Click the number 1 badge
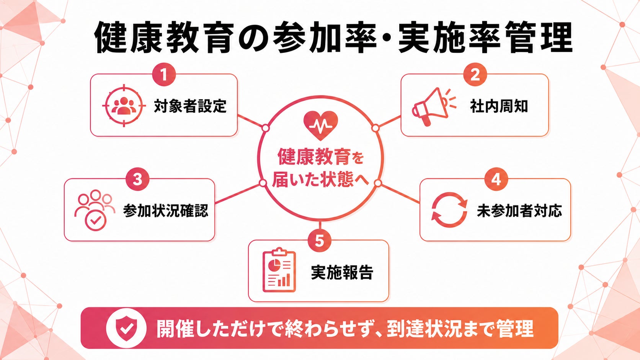click(x=164, y=75)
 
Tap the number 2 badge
click(x=475, y=75)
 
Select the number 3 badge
click(x=137, y=179)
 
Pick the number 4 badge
click(x=496, y=179)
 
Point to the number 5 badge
click(x=320, y=240)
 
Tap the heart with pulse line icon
click(x=320, y=125)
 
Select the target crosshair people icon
click(x=124, y=106)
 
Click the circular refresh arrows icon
click(x=449, y=210)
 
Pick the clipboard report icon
click(x=279, y=270)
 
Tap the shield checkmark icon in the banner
click(x=126, y=328)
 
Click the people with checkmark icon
click(x=95, y=210)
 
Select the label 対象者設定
click(x=190, y=106)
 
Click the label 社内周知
click(x=499, y=106)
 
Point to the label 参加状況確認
click(x=166, y=211)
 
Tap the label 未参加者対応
click(x=519, y=211)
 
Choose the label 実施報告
click(x=342, y=272)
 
